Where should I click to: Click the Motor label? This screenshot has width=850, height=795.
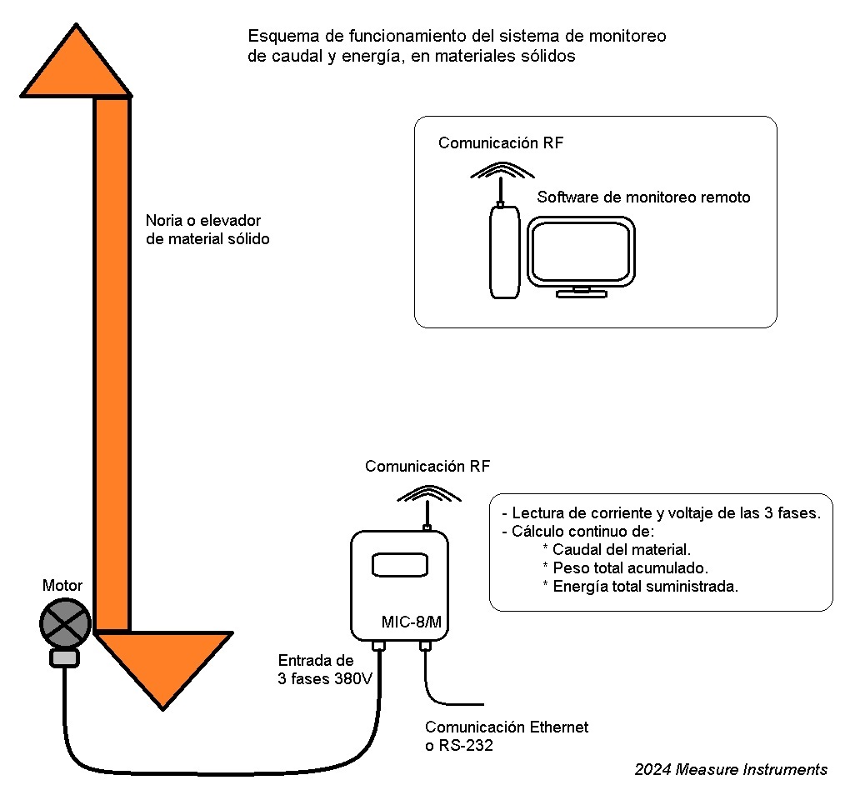click(x=62, y=586)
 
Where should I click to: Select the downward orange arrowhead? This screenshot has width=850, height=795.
click(x=163, y=663)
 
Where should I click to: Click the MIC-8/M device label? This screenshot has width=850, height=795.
click(x=411, y=622)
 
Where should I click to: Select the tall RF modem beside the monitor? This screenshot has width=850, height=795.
click(x=504, y=252)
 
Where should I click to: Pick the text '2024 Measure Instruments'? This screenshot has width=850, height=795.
click(x=731, y=769)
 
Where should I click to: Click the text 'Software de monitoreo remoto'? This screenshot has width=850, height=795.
click(x=643, y=197)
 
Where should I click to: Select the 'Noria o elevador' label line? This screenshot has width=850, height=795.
click(x=203, y=221)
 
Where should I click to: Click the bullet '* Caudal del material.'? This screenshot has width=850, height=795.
click(x=617, y=550)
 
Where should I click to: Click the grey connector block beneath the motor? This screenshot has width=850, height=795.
click(x=65, y=658)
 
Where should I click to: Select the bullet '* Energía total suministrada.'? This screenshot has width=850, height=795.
click(x=640, y=587)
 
